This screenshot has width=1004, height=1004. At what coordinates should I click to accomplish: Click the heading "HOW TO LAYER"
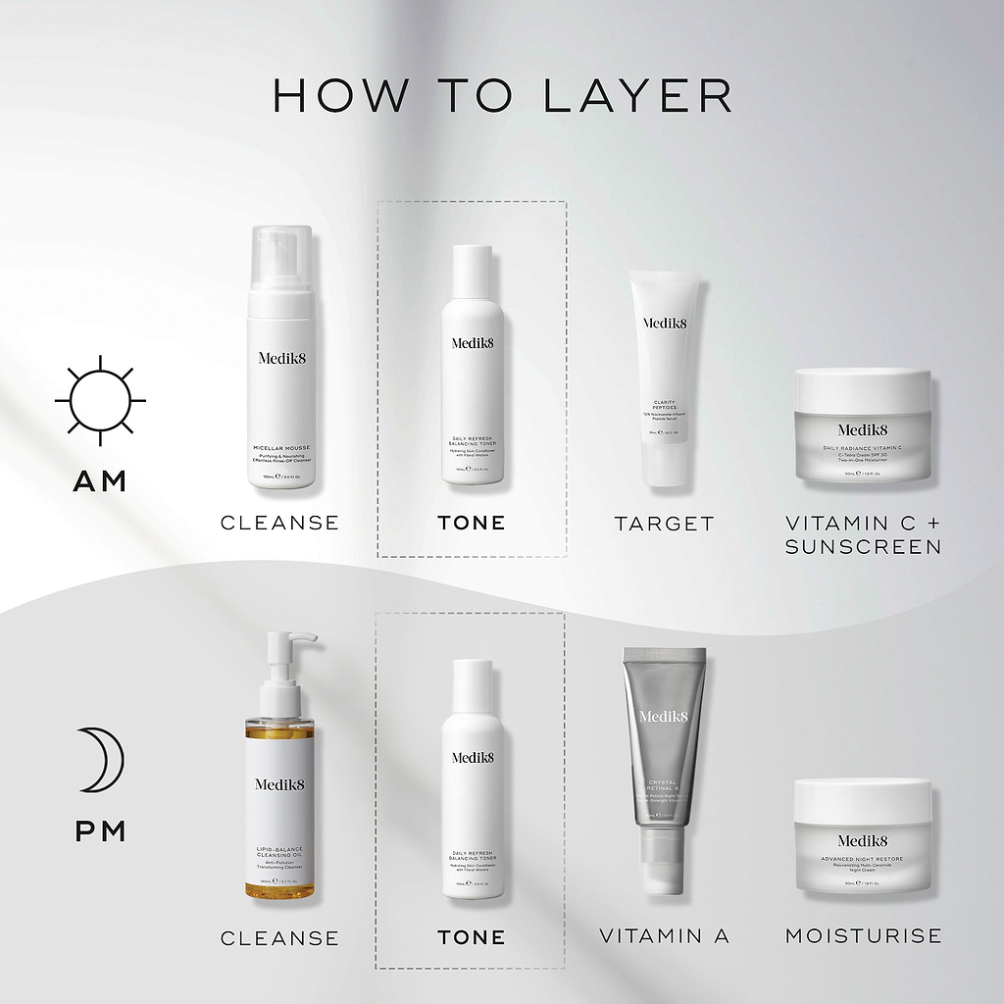(502, 95)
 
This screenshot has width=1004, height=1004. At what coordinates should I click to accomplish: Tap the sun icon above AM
(100, 400)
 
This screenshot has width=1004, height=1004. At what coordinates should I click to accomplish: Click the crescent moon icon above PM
(98, 759)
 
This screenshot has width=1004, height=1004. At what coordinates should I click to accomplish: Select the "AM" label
(100, 481)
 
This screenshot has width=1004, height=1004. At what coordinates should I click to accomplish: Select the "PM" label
(100, 832)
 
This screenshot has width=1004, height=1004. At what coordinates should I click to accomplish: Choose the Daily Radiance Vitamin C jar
(863, 427)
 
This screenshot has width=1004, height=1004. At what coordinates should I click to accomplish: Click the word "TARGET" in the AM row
(664, 524)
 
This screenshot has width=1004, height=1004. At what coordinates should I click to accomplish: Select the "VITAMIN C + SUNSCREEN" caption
(863, 535)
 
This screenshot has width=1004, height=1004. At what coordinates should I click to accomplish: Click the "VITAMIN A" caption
(664, 936)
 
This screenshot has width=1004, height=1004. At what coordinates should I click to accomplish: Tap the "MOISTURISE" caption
(863, 936)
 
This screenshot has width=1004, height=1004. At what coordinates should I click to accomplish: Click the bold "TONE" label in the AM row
(472, 524)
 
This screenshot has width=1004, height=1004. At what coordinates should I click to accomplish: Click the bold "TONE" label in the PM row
(472, 937)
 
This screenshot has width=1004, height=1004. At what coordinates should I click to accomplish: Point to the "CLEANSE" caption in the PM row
(279, 938)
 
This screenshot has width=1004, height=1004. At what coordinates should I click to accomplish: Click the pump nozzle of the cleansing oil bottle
(294, 641)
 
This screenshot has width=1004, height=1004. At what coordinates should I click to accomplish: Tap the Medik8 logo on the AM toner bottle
(473, 343)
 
